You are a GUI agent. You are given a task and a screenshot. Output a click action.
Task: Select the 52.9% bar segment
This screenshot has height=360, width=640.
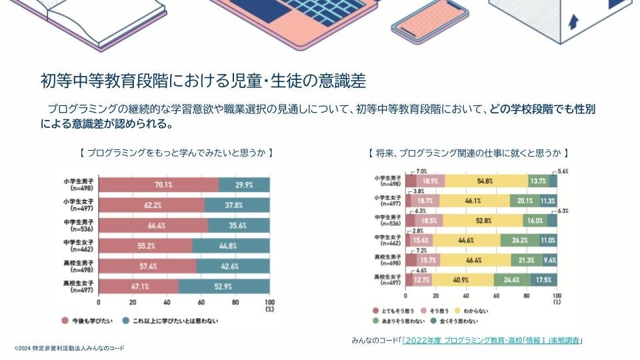[224, 287]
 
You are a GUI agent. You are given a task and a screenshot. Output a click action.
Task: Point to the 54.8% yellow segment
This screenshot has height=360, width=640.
[485, 181]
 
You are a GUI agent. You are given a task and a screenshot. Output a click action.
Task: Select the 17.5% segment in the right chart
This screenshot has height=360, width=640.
[545, 279]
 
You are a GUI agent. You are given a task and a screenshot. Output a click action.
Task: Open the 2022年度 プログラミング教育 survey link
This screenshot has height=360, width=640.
[492, 341]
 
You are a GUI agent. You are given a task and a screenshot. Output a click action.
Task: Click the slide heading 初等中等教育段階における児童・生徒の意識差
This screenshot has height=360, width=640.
[203, 81]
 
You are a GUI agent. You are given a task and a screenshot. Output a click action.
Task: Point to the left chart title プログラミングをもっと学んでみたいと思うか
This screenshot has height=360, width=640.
[177, 153]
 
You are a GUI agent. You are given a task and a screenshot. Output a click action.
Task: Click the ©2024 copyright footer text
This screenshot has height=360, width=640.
[69, 349]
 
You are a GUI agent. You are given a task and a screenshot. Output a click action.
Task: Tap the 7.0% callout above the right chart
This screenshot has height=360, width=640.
[421, 171]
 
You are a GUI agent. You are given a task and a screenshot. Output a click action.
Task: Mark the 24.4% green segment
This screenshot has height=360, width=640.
[511, 279]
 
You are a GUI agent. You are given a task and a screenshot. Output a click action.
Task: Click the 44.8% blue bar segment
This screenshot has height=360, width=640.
[231, 246]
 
